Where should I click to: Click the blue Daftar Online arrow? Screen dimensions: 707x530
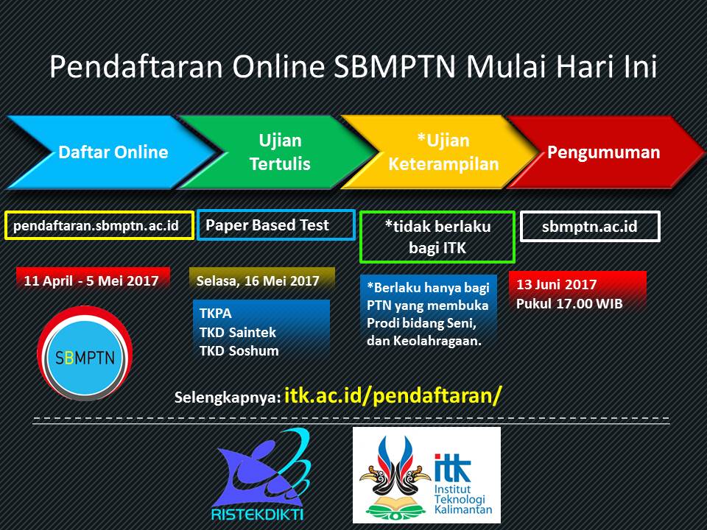click(113, 152)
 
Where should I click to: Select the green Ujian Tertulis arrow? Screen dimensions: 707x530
click(280, 152)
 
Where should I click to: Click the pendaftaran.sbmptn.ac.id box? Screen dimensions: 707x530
click(99, 225)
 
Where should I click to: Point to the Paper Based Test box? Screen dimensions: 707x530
click(276, 225)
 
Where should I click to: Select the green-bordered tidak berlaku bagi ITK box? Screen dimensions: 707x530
click(437, 237)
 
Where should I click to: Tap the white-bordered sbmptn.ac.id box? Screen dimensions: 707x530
click(590, 226)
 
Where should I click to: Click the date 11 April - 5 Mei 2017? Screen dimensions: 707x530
click(91, 280)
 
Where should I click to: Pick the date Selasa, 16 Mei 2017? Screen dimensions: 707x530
click(258, 280)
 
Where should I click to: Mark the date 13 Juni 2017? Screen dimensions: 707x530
click(557, 284)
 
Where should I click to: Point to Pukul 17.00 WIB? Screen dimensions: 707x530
click(569, 304)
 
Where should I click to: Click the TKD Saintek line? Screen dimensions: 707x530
click(238, 332)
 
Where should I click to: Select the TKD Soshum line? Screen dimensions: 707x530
click(239, 350)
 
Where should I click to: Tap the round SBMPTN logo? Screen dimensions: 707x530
click(85, 353)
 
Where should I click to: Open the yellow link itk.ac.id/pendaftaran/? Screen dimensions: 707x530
click(393, 395)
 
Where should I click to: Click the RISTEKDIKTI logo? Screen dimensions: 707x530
click(261, 475)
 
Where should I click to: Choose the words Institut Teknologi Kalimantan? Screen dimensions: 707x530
click(462, 499)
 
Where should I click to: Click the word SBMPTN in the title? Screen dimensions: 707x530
click(395, 66)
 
